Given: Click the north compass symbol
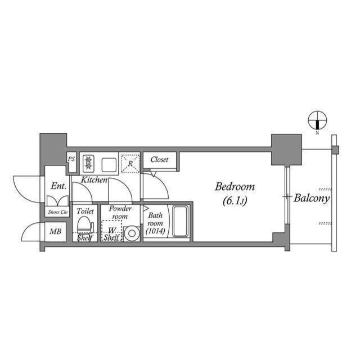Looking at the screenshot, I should pos(318,120).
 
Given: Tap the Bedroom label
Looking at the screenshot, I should pos(236,187).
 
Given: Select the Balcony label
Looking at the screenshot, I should pos(312,198).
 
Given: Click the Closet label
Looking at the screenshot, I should pos(159,160).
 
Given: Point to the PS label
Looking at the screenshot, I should pos(71,159).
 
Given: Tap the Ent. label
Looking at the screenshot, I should pos(58,186).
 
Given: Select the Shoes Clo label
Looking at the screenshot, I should pos(56,212).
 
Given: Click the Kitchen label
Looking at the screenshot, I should pos(94,180).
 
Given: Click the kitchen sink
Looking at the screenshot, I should pos(109,164).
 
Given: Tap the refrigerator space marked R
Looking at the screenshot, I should pos(130,163).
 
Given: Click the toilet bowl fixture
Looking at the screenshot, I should pos(84,226).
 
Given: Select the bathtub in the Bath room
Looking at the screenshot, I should pos(180,222).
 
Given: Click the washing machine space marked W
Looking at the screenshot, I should pos(111,230).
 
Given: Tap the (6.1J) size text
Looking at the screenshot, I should pos(236,200).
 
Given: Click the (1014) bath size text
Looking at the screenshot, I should pos(155,231).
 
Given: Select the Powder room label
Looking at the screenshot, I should pos(120,212).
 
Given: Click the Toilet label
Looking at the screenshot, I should pos(85,211).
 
